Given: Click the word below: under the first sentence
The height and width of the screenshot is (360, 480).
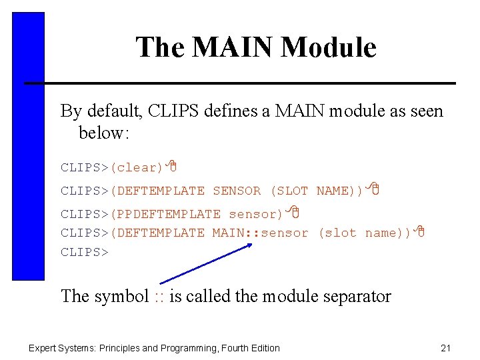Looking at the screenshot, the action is coord(103,133).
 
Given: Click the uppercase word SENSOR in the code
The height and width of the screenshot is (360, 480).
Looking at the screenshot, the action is coord(237,191).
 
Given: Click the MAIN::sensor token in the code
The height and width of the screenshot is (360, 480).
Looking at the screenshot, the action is coord(261,233).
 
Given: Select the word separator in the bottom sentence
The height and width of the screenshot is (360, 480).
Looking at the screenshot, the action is coord(357,297).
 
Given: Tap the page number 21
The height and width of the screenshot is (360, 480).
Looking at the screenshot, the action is coord(446,347).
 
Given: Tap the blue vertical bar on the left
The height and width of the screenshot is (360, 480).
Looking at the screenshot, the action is coord(28,147).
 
